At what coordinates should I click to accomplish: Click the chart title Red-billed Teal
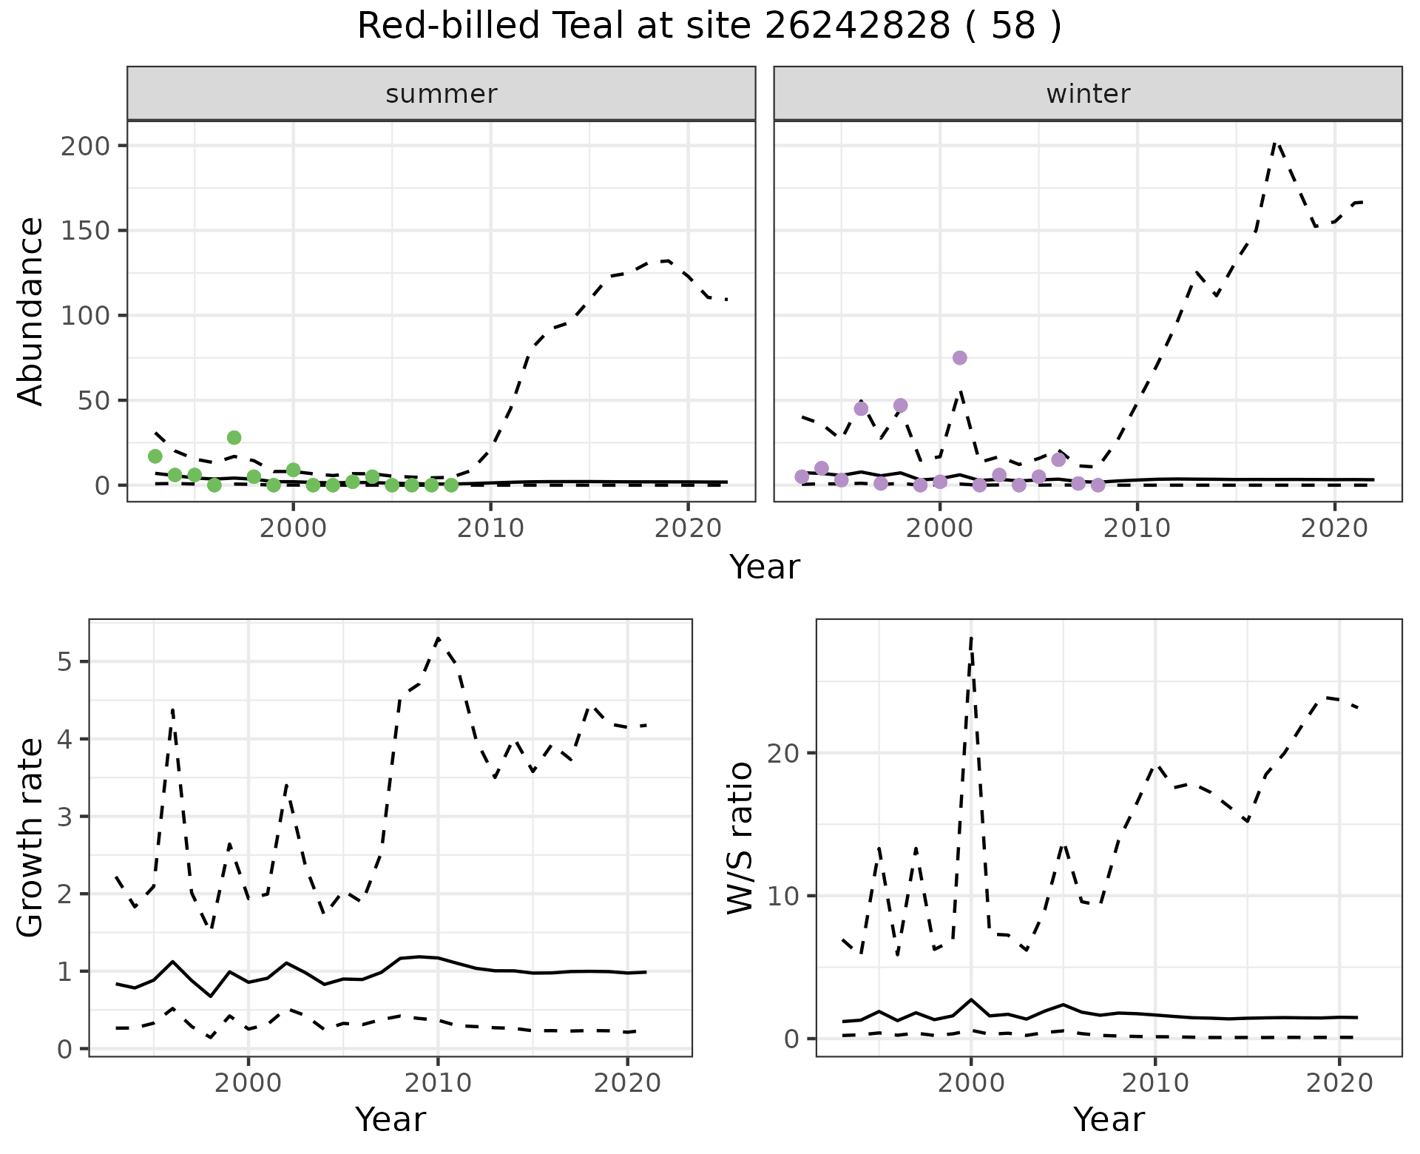point(709,27)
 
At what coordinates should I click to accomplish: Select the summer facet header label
point(441,94)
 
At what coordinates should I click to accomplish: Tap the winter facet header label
point(1087,94)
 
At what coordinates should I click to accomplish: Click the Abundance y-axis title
point(30,311)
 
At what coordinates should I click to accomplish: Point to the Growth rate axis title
point(30,837)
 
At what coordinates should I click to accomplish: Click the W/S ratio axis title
point(740,837)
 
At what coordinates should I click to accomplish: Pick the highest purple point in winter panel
point(959,358)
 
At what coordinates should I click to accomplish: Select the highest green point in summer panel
point(234,438)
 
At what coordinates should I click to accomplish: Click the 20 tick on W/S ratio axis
point(793,753)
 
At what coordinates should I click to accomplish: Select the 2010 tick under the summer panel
point(490,529)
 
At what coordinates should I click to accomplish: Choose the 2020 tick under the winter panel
point(1334,529)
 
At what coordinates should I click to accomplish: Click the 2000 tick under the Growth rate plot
point(248,1084)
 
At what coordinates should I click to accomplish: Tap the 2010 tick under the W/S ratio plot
point(1154,1084)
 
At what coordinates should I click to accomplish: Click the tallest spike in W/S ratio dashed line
point(970,638)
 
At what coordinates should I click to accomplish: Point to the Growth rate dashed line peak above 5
point(438,638)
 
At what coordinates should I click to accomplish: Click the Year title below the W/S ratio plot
point(1109,1119)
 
